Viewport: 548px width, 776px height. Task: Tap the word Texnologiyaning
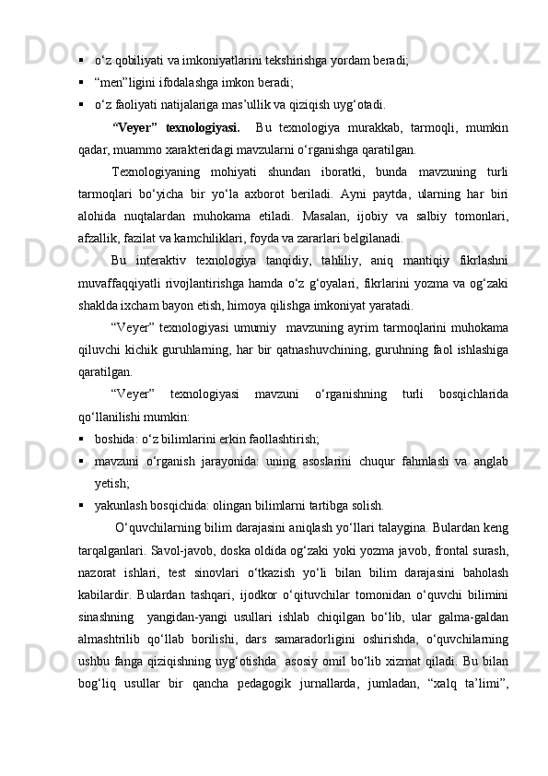[153, 172]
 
